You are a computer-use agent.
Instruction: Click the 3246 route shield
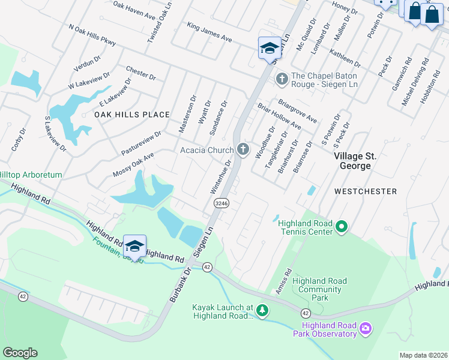click(x=220, y=204)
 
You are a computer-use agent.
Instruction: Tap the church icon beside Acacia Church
click(x=243, y=149)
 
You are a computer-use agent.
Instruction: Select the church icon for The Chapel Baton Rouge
click(x=281, y=79)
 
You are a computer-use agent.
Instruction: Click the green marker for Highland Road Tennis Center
click(x=342, y=227)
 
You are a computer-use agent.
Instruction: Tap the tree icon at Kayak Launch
click(x=262, y=310)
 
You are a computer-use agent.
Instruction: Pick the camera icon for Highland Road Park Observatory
click(x=366, y=328)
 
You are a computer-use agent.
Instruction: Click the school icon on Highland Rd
click(x=134, y=245)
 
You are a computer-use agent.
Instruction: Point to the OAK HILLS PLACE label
click(x=132, y=115)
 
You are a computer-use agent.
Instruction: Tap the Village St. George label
click(x=355, y=161)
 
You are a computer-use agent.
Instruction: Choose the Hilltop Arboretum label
click(x=30, y=175)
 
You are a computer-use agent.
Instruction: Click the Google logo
click(x=20, y=353)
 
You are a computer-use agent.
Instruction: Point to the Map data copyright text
click(x=423, y=355)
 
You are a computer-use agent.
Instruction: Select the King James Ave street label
click(x=209, y=32)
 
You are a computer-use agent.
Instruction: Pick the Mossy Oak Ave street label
click(x=133, y=164)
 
